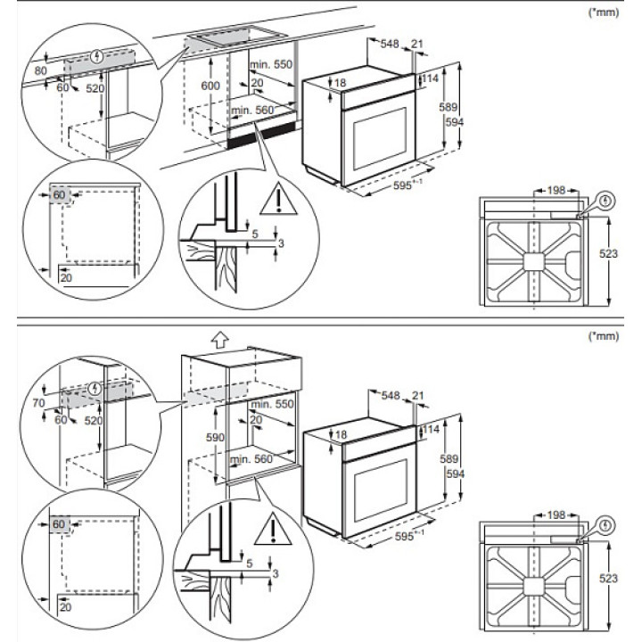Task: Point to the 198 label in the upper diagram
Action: click(556, 190)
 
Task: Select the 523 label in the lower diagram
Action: click(608, 580)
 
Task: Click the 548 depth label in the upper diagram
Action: click(389, 43)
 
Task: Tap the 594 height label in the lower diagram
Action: click(456, 473)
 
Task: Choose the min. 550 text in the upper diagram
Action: click(271, 64)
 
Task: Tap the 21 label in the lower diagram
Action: click(417, 395)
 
